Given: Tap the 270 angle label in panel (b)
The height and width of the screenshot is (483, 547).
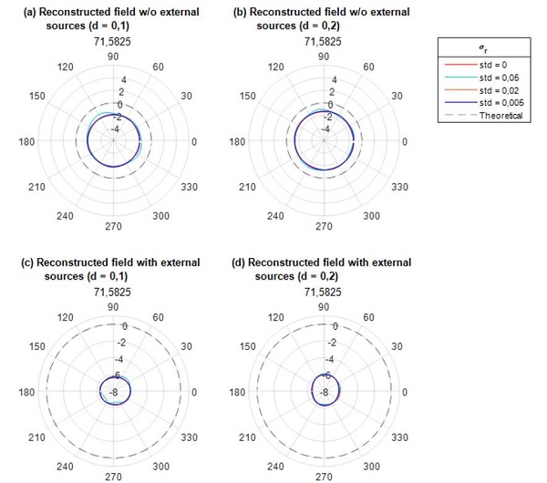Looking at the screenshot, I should [x=323, y=226].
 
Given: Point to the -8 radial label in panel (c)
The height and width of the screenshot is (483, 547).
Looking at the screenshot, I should [x=114, y=393].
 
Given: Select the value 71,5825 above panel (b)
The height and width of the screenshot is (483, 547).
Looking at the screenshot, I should [x=323, y=42].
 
